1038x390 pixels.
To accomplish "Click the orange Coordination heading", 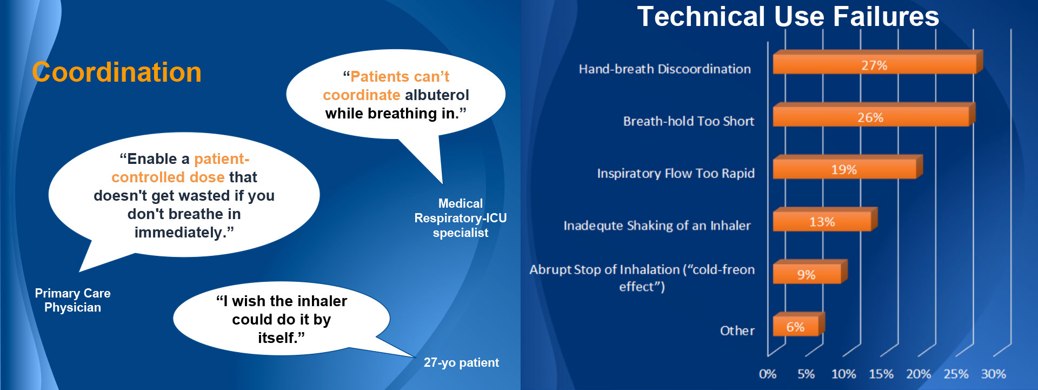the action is click(117, 72).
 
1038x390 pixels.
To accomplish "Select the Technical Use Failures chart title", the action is click(788, 16).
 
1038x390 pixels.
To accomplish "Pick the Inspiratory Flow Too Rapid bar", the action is click(847, 167).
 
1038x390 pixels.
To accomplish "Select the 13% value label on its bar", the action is click(822, 222).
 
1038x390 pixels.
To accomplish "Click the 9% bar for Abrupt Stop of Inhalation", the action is click(810, 272).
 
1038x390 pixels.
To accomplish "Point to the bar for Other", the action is click(799, 324).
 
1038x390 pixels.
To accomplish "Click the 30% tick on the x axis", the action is click(994, 374).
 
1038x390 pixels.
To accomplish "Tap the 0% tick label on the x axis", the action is click(768, 374).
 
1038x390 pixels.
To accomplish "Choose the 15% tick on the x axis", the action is click(881, 374).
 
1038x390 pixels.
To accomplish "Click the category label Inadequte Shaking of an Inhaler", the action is click(657, 226).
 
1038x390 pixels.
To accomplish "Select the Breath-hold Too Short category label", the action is click(689, 121).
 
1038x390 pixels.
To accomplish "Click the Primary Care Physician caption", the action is click(72, 300).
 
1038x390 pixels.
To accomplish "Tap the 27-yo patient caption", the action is click(461, 362).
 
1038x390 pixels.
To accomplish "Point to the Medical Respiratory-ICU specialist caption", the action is click(461, 218).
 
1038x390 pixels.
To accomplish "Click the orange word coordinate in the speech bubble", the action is click(362, 95).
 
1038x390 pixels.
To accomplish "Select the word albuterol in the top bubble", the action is click(437, 95).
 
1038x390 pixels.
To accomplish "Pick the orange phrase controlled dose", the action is click(168, 177).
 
